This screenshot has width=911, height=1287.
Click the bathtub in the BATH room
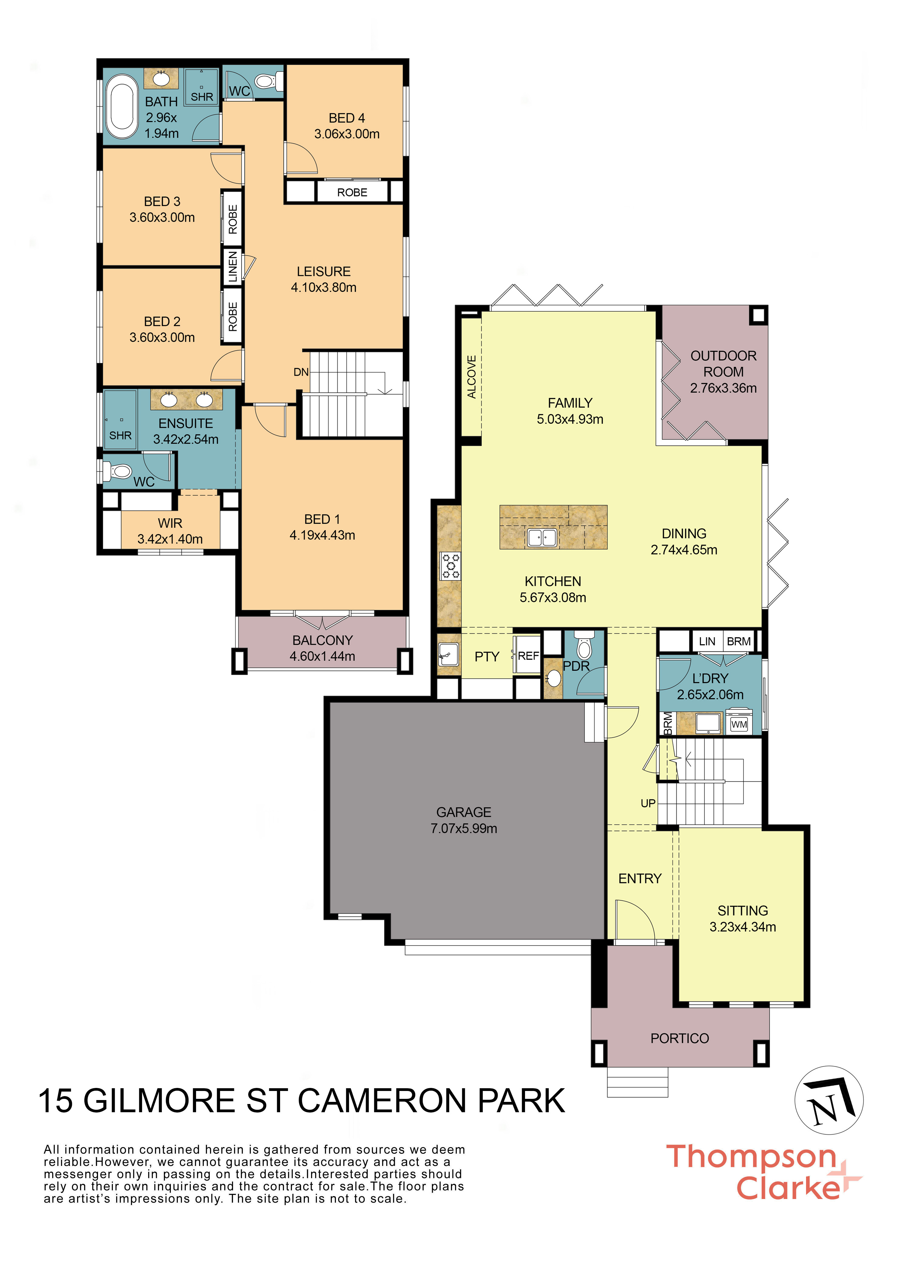pyautogui.click(x=123, y=110)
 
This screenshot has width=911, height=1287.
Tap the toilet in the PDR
pyautogui.click(x=584, y=646)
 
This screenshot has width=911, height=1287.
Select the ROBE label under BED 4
pyautogui.click(x=352, y=192)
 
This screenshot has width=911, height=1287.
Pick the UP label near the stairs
pyautogui.click(x=648, y=803)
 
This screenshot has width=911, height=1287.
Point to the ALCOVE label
pyautogui.click(x=472, y=377)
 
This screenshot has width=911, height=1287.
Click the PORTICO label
pyautogui.click(x=679, y=1038)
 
